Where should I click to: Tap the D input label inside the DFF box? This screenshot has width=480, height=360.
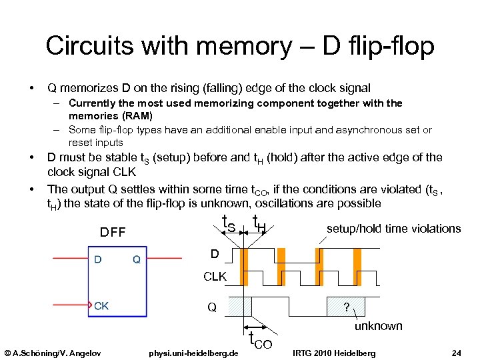pyautogui.click(x=97, y=259)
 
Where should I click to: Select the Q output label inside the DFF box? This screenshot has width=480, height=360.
pyautogui.click(x=136, y=259)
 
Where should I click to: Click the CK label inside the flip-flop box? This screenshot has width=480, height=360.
pyautogui.click(x=101, y=306)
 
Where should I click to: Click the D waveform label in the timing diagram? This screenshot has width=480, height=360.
pyautogui.click(x=214, y=254)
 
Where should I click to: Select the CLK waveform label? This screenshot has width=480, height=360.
pyautogui.click(x=215, y=276)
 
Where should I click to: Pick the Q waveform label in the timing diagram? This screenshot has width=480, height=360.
pyautogui.click(x=211, y=307)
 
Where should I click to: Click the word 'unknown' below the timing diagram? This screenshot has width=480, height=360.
pyautogui.click(x=378, y=326)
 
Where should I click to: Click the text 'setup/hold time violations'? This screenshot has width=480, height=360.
pyautogui.click(x=393, y=229)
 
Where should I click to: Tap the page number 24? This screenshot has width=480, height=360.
pyautogui.click(x=456, y=352)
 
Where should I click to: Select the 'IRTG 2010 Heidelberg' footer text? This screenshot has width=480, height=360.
pyautogui.click(x=333, y=352)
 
